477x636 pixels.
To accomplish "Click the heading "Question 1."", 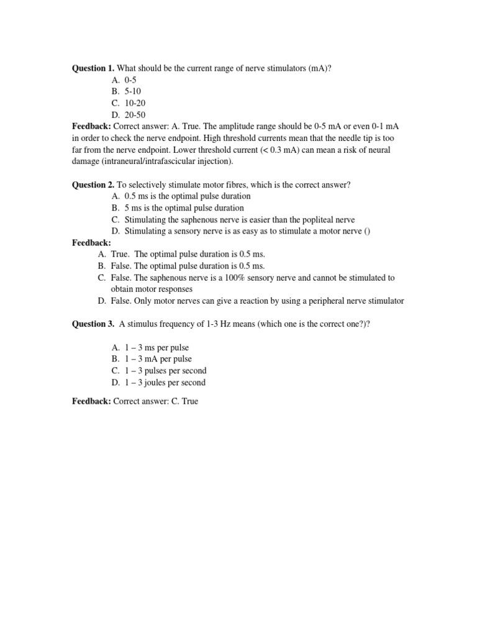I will click(x=94, y=68).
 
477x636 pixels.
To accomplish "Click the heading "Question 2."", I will click(x=94, y=184).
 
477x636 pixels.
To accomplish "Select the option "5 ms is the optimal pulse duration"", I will click(x=184, y=208).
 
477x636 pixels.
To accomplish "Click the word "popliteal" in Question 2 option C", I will click(x=319, y=220).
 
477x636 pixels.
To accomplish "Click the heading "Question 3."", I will click(x=94, y=324).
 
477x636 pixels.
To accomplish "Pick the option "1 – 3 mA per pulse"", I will click(x=158, y=359).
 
